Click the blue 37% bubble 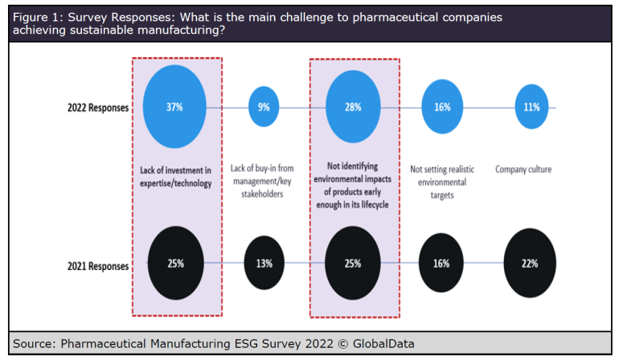[174, 107]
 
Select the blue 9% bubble [264, 107]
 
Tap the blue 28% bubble [354, 107]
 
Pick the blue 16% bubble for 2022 [442, 107]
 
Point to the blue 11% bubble [530, 107]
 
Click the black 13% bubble [264, 263]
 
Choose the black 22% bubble [530, 263]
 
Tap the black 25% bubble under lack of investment [174, 263]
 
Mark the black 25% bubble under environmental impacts [354, 263]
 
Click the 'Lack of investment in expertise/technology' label [174, 177]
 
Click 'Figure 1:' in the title [38, 16]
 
